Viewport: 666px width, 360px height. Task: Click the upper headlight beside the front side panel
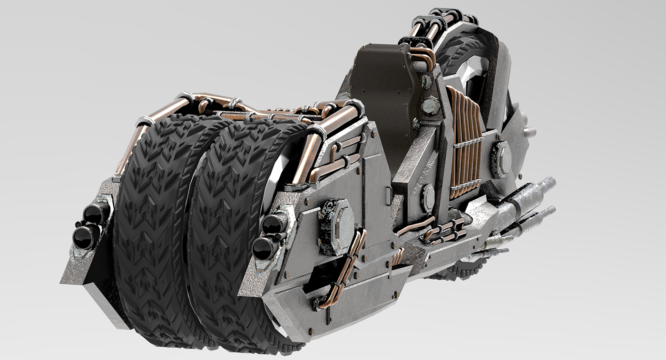pos(274,224)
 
